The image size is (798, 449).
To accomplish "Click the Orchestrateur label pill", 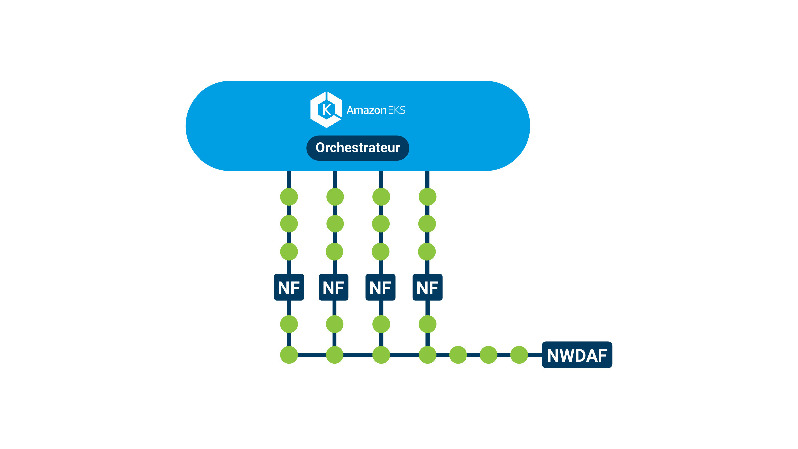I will click(x=357, y=148).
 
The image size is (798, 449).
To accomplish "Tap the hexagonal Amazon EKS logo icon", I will click(x=326, y=110).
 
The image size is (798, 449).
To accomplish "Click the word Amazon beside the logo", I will click(x=366, y=110).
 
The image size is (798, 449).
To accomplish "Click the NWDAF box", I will click(x=577, y=355).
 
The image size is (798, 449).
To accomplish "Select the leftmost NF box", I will click(x=289, y=287).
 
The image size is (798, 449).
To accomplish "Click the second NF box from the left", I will click(x=333, y=287).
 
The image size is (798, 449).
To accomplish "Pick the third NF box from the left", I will click(x=380, y=287).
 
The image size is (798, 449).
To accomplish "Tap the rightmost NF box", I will click(x=427, y=287).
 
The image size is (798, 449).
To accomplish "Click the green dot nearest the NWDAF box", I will click(x=519, y=355).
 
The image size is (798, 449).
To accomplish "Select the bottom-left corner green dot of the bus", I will click(x=289, y=355).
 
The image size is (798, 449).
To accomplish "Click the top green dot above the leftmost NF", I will click(x=289, y=197).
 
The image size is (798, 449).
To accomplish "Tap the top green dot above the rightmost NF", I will click(x=427, y=197).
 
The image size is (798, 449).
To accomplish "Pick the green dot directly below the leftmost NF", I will click(x=289, y=324).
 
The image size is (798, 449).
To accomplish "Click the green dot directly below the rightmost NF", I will click(x=427, y=324).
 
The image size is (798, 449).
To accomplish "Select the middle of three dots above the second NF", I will click(x=335, y=224).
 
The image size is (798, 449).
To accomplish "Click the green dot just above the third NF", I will click(x=380, y=252).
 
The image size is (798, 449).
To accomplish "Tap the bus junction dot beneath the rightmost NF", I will click(x=427, y=355).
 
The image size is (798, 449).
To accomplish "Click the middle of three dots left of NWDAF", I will click(x=488, y=355).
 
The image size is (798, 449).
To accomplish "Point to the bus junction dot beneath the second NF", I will click(x=334, y=355).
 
